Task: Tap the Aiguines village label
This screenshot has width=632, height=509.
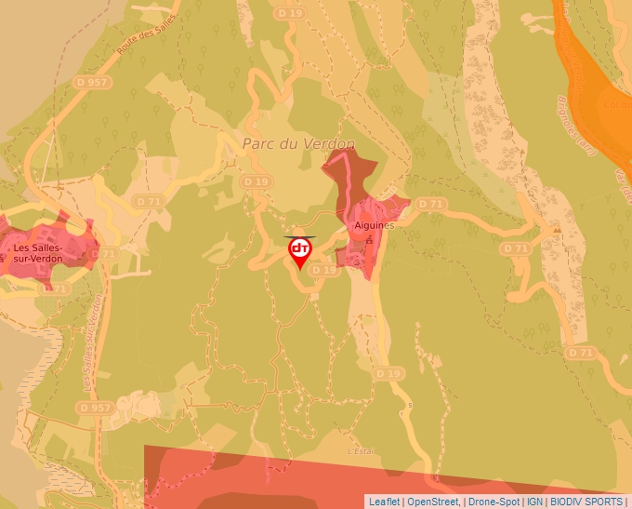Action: click(x=375, y=225)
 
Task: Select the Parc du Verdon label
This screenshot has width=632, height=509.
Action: click(x=298, y=144)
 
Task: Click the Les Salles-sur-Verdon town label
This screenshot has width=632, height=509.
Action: click(x=38, y=252)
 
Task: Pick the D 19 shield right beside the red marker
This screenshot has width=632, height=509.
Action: click(x=324, y=270)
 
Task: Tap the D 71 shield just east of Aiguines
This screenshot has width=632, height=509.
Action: click(x=430, y=203)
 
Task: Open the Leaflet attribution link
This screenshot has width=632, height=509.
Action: click(x=384, y=502)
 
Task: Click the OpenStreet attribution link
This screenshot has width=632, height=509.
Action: click(x=432, y=502)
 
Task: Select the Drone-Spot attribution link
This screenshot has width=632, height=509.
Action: click(x=494, y=502)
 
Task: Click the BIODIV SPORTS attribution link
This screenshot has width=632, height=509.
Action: click(x=586, y=502)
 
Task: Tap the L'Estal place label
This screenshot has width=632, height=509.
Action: click(x=360, y=451)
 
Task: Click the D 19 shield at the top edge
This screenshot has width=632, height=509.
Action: click(x=290, y=14)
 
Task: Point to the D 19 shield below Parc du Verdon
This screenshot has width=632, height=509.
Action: click(x=256, y=181)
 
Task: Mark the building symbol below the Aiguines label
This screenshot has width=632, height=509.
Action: click(x=370, y=240)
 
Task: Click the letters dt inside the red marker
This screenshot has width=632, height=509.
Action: click(x=300, y=248)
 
